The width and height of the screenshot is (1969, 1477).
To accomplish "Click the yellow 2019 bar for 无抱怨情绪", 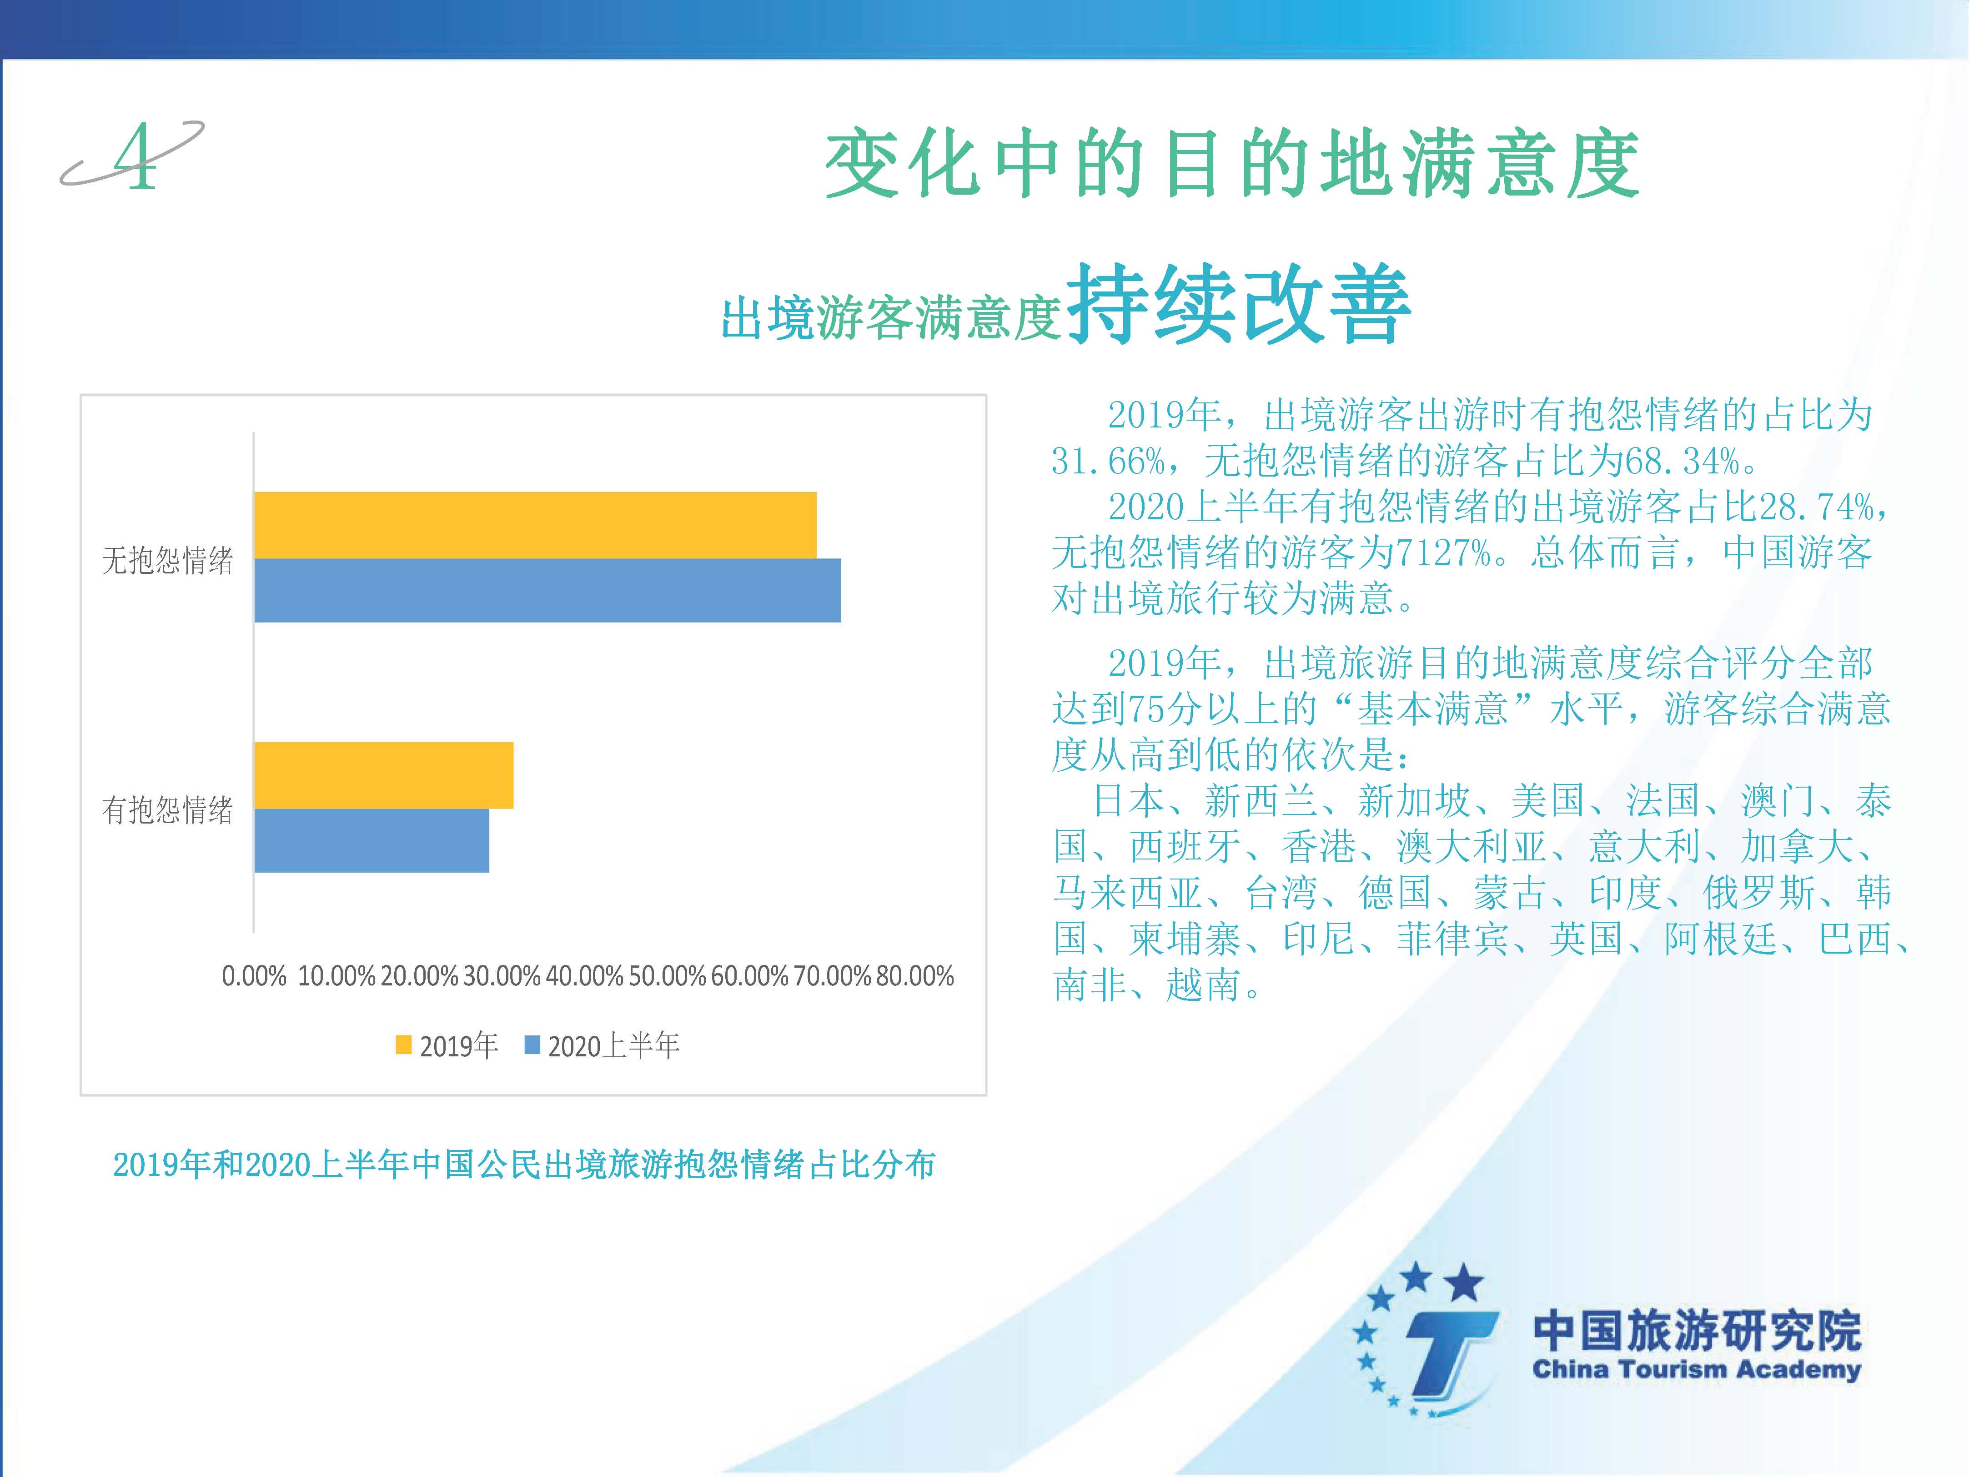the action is (535, 525).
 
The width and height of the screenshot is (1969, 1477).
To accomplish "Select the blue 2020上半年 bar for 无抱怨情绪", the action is (548, 590).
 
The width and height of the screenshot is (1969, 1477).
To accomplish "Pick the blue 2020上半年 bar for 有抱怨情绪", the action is (371, 840).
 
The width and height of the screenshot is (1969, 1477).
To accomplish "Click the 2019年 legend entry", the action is (447, 1045).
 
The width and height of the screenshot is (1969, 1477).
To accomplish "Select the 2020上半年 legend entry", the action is (603, 1045).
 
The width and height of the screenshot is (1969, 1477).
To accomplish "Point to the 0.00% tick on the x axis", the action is (254, 976).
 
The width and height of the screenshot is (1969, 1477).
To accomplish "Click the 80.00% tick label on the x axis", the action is (915, 976).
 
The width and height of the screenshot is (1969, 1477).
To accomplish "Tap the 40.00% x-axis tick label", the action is (584, 976).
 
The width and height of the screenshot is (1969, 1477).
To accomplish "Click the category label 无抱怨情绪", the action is (167, 560).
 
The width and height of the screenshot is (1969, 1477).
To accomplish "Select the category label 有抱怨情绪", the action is (167, 809).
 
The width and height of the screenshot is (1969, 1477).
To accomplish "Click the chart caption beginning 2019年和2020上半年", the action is (524, 1165).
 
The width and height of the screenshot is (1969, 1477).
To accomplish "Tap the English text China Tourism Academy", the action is (1697, 1368).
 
